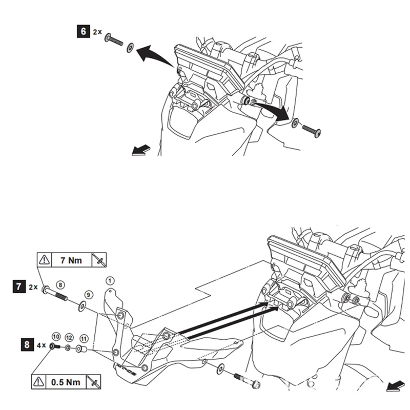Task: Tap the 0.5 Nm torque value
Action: pos(65,382)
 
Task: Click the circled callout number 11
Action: pos(84,338)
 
